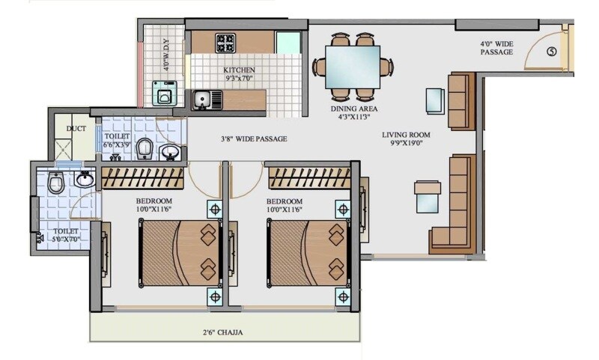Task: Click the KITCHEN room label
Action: coord(239,70)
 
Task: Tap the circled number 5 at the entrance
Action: coord(552,52)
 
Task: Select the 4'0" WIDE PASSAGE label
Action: coord(496,48)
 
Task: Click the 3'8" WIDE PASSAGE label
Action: coord(254,138)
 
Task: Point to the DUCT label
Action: coord(76,128)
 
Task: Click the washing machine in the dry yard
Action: coord(162,94)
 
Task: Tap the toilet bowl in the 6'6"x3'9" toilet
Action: coord(145,148)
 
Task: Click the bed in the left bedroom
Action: coord(178,252)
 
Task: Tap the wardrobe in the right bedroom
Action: coord(308,177)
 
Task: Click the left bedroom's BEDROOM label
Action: coord(154,201)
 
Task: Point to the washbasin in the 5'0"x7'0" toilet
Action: coord(84,179)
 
